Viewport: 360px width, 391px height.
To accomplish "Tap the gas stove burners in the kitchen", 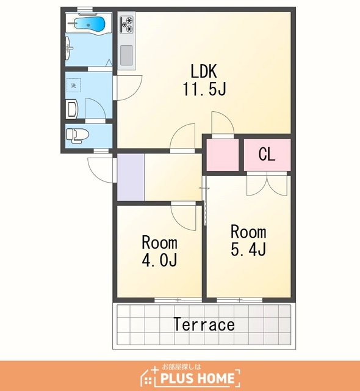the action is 127,24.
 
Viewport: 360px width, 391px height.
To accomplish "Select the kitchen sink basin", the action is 126,55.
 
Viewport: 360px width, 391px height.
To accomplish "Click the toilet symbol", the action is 77,136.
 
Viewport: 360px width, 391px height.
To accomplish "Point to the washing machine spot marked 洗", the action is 73,86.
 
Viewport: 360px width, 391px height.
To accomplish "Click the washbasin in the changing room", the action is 73,110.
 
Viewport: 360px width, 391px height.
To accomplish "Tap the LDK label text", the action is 204,71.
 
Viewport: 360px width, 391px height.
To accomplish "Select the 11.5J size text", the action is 204,89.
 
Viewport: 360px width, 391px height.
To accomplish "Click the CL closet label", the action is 267,155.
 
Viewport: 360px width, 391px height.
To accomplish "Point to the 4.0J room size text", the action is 160,261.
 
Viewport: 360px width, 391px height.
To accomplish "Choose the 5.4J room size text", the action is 249,250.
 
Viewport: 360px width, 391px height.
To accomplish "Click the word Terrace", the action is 204,324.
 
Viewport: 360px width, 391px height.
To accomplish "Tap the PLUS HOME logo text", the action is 198,378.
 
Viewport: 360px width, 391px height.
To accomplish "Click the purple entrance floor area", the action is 131,177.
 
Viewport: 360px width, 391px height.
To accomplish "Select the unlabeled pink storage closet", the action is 223,155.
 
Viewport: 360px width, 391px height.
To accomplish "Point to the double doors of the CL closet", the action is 267,183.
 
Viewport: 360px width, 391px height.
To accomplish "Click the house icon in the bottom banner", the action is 148,376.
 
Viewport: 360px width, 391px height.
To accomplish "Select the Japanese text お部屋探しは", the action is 181,367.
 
